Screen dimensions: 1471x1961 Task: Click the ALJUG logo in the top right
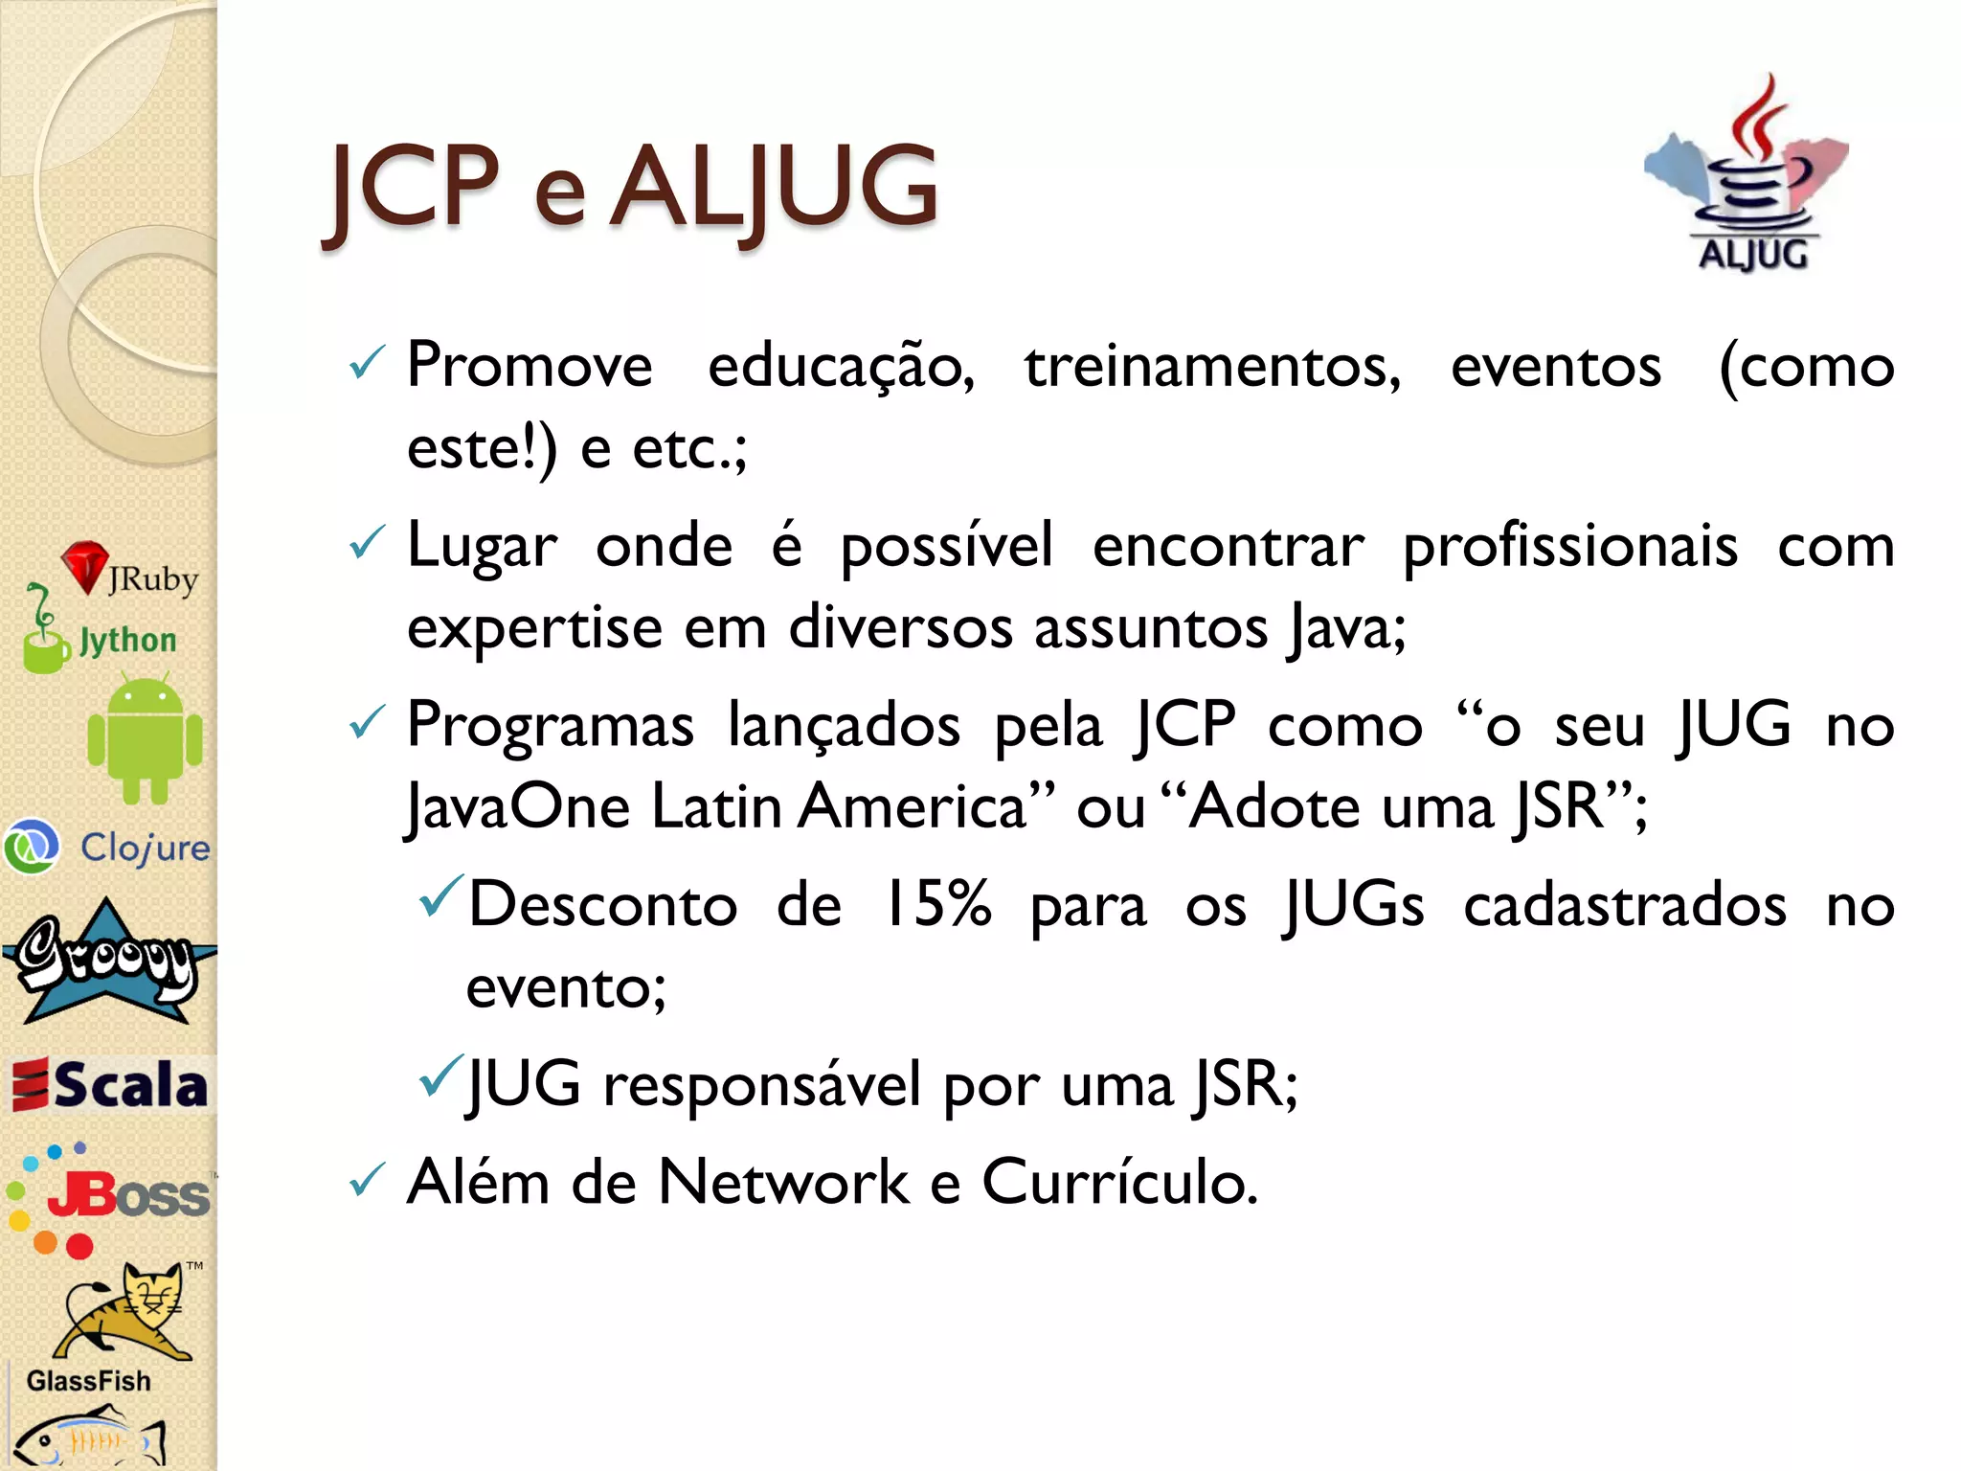pyautogui.click(x=1748, y=177)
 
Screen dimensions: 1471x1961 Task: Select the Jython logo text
pyautogui.click(x=127, y=640)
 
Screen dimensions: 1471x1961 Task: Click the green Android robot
pyautogui.click(x=145, y=738)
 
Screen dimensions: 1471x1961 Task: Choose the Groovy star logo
pyautogui.click(x=107, y=963)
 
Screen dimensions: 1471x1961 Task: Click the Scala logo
pyautogui.click(x=109, y=1086)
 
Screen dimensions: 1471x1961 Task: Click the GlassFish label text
pyautogui.click(x=88, y=1381)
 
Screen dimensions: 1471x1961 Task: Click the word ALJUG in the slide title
pyautogui.click(x=774, y=187)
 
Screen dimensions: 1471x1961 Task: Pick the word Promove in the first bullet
pyautogui.click(x=529, y=366)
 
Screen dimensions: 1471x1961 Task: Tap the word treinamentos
pyautogui.click(x=1212, y=366)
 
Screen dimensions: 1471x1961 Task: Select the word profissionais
pyautogui.click(x=1569, y=547)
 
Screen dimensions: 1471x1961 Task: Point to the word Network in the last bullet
pyautogui.click(x=783, y=1182)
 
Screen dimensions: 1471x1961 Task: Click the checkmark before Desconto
pyautogui.click(x=441, y=896)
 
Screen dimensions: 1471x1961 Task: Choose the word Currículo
pyautogui.click(x=1119, y=1182)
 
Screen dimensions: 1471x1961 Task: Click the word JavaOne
pyautogui.click(x=517, y=806)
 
